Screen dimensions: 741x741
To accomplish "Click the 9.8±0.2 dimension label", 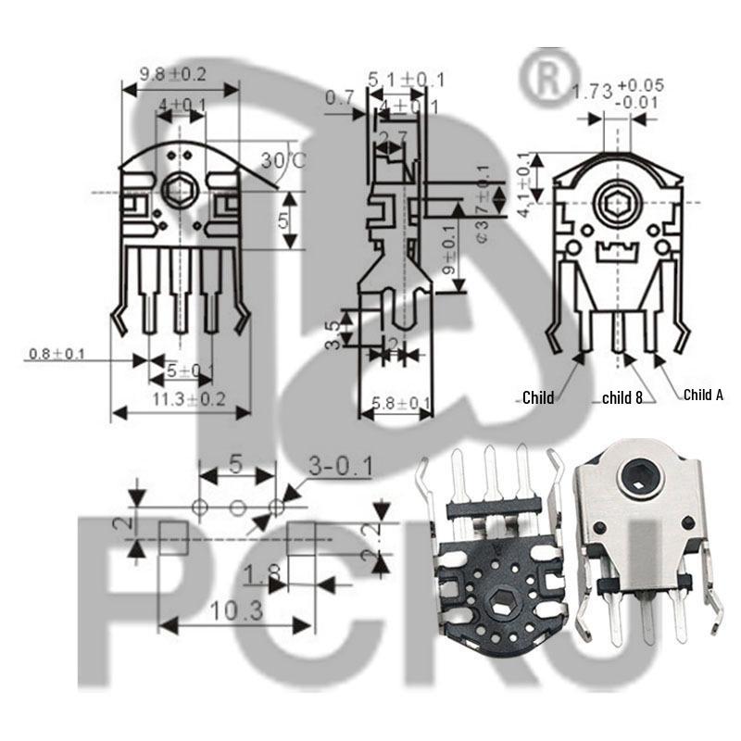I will coord(172,74).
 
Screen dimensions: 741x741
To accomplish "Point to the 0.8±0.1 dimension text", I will coord(57,354).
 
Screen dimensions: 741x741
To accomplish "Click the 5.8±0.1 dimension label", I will coord(401,404).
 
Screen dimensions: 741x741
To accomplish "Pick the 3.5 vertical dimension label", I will coord(332,331).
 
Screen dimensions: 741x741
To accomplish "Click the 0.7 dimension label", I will coord(340,96).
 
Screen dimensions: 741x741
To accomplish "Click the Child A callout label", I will coord(703,395).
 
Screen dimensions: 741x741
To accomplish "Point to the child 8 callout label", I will coord(622,398).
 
